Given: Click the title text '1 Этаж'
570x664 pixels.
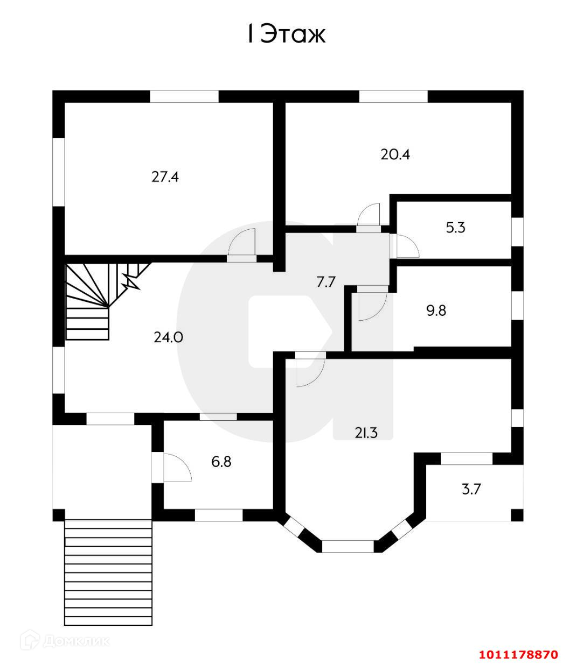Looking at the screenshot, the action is pos(286,35).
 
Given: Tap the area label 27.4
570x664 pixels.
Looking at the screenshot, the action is pos(165,177).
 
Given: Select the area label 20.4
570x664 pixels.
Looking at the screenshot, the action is pos(395,155).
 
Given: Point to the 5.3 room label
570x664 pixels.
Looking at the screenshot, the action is pos(455,228).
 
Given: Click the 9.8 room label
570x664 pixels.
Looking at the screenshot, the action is pos(436,310).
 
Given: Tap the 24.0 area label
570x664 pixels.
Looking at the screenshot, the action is pos(168,337).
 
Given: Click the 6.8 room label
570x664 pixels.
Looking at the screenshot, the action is pos(221,461).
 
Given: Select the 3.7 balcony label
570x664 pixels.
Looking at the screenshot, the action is pos(471,489).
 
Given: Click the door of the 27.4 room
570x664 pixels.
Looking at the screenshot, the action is pos(242,245).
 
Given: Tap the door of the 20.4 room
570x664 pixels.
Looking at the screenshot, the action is pos(369,216).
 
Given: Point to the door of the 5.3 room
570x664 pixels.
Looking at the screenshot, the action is pos(405,246).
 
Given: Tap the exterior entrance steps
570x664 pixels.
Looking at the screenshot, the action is pos(108,570).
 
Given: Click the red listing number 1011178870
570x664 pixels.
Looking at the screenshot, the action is pos(518,654).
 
